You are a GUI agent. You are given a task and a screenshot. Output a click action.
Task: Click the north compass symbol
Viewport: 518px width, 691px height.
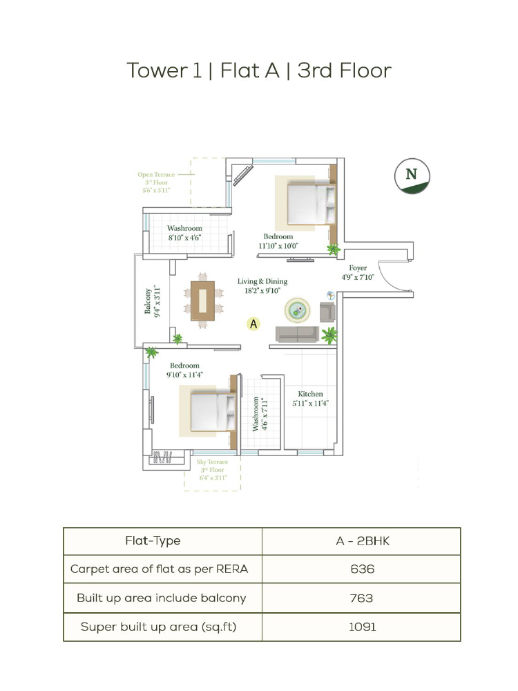[x=412, y=176]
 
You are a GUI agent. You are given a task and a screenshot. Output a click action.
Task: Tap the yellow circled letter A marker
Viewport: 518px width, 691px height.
[x=253, y=324]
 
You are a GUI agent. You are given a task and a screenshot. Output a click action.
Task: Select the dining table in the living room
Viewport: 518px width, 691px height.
[x=202, y=301]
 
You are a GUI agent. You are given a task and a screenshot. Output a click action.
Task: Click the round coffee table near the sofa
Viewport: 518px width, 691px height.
[x=297, y=310]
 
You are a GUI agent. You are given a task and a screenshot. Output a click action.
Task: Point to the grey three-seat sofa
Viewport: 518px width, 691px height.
[x=297, y=334]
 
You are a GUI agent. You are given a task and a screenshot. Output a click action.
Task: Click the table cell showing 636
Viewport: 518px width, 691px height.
[x=361, y=569]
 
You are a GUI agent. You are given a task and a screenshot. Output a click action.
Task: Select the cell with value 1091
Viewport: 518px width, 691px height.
[x=361, y=627]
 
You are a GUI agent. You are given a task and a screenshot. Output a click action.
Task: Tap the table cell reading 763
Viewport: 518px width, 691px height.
[x=361, y=598]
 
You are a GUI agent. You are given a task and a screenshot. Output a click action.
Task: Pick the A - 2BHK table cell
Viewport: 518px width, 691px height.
[x=361, y=541]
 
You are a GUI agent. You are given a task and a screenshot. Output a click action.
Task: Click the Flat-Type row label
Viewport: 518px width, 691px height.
[x=153, y=541]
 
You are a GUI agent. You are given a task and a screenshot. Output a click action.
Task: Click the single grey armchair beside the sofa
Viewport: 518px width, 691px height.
[x=327, y=312]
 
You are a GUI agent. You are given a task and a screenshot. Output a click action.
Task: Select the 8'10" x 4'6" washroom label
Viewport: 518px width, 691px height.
[x=184, y=238]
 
